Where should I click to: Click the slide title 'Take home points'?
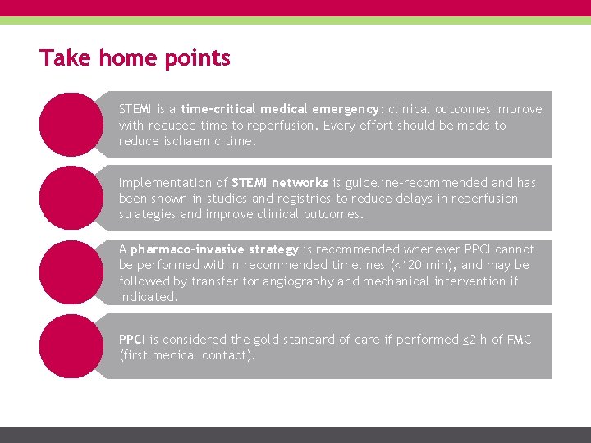coord(135,58)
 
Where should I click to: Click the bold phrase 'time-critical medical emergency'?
coord(280,109)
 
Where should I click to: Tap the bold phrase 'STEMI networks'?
coord(280,183)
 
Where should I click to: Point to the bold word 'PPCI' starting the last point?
coord(132,340)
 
